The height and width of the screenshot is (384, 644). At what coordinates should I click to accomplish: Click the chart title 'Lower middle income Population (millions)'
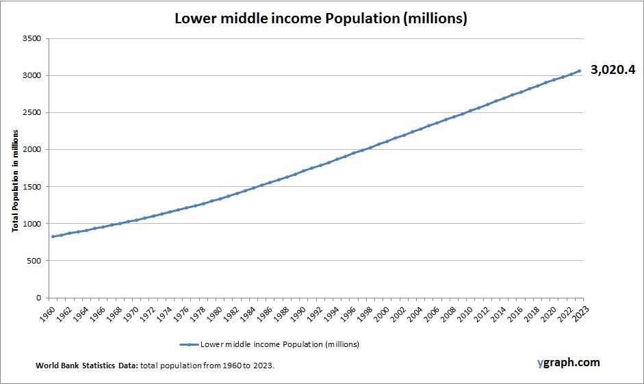(321, 18)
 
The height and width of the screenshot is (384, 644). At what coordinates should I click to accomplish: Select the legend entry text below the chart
(279, 344)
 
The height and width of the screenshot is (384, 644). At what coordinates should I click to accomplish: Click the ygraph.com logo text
(568, 362)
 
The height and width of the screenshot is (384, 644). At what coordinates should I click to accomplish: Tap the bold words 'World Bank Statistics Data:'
(87, 366)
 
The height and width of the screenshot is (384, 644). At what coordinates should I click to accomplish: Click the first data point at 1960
(53, 236)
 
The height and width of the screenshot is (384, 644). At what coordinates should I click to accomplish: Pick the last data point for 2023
(579, 71)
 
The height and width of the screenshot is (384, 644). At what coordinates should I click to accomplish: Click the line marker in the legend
(188, 344)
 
